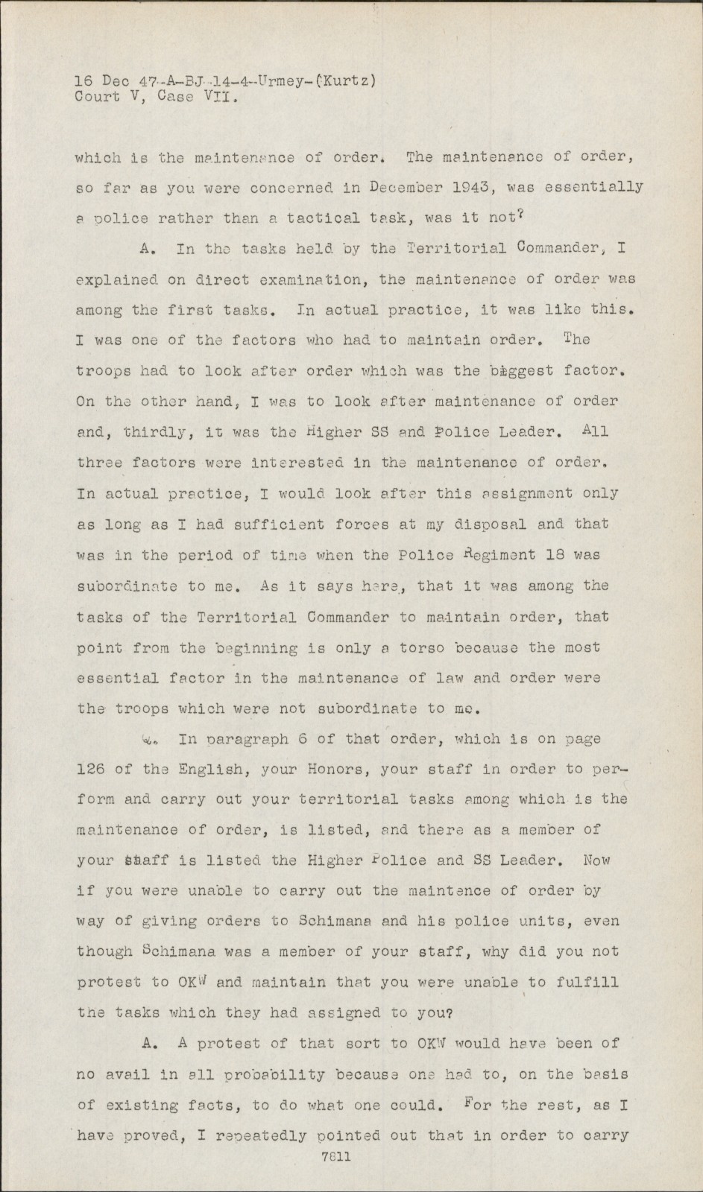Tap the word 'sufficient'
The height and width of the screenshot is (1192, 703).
(252, 524)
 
